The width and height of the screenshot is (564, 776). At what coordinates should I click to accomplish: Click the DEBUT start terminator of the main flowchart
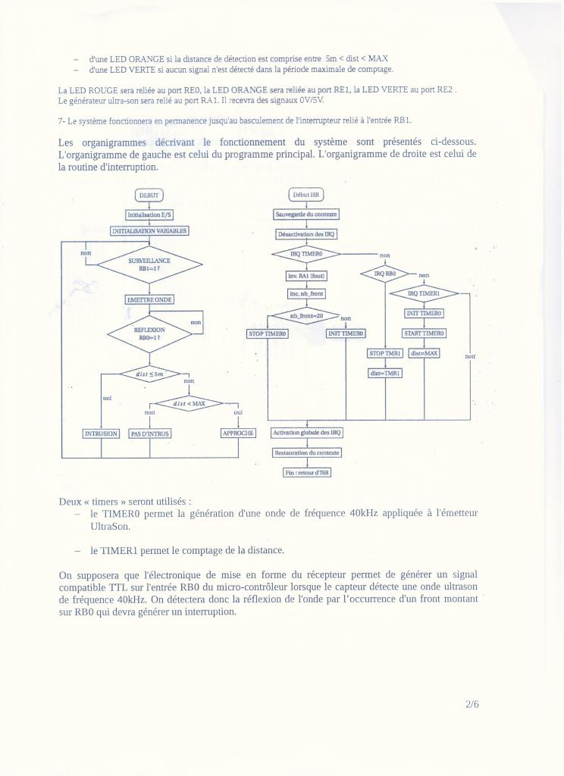coord(149,195)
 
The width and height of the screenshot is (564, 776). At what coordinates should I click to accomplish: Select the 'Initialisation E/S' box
coord(149,214)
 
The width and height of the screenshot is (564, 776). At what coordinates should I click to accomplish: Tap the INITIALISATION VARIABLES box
coord(149,230)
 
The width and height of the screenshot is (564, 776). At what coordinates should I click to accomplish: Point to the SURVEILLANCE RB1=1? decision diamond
coord(149,264)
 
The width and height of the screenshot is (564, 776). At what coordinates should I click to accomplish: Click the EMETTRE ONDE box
coord(149,299)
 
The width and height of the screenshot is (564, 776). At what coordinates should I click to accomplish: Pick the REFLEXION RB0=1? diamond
coord(149,333)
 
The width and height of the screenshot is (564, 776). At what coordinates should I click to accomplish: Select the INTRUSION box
coord(101,433)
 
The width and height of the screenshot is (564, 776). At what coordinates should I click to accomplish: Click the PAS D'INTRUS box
coord(150,433)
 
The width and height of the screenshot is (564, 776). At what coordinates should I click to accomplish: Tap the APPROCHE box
coord(238,433)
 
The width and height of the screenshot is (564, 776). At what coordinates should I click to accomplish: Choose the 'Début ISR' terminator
coord(306,195)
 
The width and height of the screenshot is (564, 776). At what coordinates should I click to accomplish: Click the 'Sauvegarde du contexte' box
coord(306,214)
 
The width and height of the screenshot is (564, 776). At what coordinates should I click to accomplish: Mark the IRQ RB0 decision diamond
coord(385,274)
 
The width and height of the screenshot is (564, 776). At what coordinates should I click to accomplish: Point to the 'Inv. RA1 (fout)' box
coord(306,275)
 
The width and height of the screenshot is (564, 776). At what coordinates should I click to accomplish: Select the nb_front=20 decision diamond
coord(306,315)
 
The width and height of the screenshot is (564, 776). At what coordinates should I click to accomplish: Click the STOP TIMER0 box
coord(268,333)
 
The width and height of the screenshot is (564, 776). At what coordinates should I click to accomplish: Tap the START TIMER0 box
coord(424,333)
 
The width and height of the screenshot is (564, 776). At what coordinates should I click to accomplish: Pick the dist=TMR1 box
coord(386,373)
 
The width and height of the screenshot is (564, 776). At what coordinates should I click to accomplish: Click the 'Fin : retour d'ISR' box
coord(306,472)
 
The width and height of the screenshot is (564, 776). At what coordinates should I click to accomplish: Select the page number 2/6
coord(472,704)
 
